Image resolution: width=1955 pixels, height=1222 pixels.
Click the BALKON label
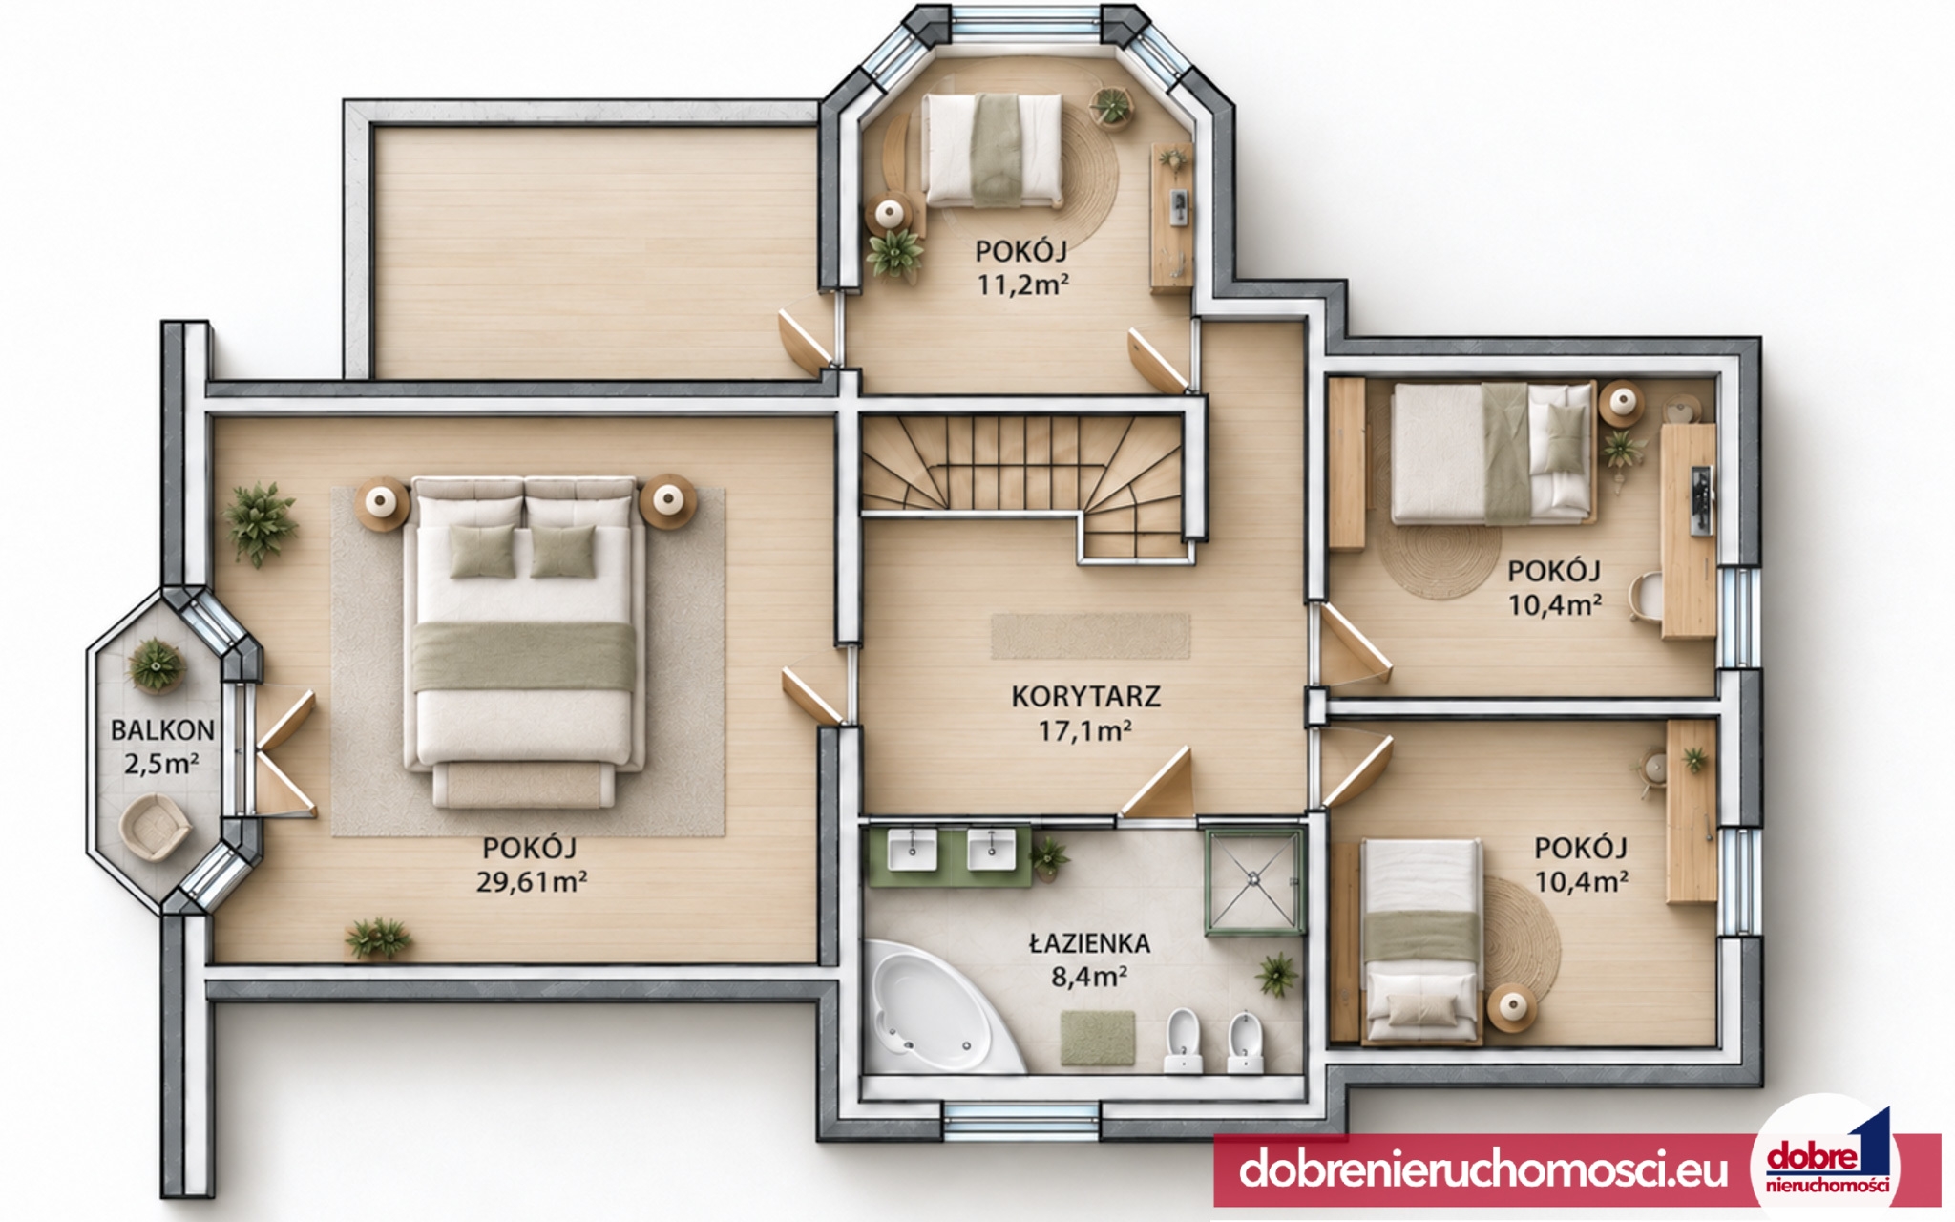[x=162, y=730]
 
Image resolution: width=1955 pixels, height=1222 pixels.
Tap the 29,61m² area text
[x=532, y=881]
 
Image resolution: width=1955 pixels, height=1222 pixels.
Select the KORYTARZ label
[x=1086, y=697]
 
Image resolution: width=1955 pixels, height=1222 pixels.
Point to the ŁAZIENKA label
[x=1089, y=943]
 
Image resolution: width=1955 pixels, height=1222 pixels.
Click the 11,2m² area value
[x=1021, y=284]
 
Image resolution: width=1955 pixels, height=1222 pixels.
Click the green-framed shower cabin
[x=1254, y=880]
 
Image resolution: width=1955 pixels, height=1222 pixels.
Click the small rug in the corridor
[x=1090, y=636]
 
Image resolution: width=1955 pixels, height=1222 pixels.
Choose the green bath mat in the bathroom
[x=1098, y=1038]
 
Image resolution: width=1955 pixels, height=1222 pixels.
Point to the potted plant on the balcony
[x=155, y=664]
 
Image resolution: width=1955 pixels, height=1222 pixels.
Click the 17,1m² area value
[x=1085, y=731]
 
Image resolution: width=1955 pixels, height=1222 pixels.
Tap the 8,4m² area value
[x=1089, y=977]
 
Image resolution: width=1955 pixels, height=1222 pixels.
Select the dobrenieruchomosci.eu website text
[x=1483, y=1169]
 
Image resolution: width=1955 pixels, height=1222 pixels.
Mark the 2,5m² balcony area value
[x=161, y=764]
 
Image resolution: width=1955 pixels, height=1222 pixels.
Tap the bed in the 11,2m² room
[x=992, y=150]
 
